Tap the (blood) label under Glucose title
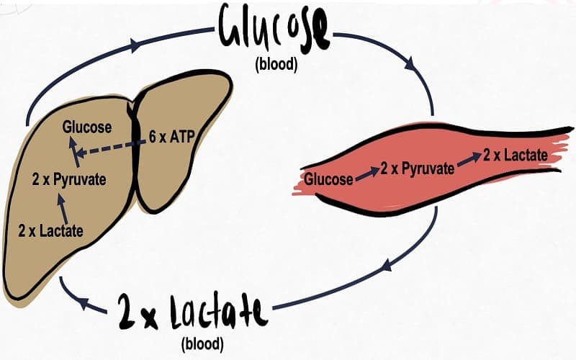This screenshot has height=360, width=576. click(x=275, y=64)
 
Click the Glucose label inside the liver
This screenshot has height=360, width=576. click(x=86, y=127)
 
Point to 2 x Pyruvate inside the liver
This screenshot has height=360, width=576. click(x=69, y=179)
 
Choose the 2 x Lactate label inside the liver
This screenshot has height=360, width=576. click(x=50, y=231)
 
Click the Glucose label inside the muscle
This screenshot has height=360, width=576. click(x=328, y=179)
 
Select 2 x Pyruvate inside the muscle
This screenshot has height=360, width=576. click(x=418, y=168)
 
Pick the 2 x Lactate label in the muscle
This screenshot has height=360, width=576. click(x=516, y=154)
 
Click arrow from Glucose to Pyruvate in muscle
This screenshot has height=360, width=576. click(x=366, y=173)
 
